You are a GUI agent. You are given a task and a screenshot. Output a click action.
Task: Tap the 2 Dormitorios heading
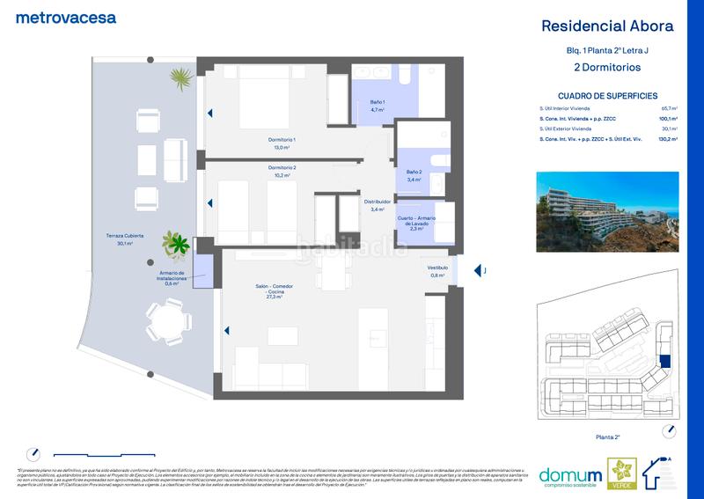(x=607, y=67)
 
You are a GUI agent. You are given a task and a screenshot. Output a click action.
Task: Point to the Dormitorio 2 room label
(x=282, y=171)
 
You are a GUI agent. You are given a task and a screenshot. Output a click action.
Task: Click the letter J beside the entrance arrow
(x=485, y=271)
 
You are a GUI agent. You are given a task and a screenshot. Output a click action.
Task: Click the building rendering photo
(x=607, y=207)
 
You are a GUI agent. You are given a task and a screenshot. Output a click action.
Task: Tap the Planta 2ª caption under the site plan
(x=608, y=436)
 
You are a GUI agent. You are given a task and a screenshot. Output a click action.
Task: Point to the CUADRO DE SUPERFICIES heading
(x=607, y=96)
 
